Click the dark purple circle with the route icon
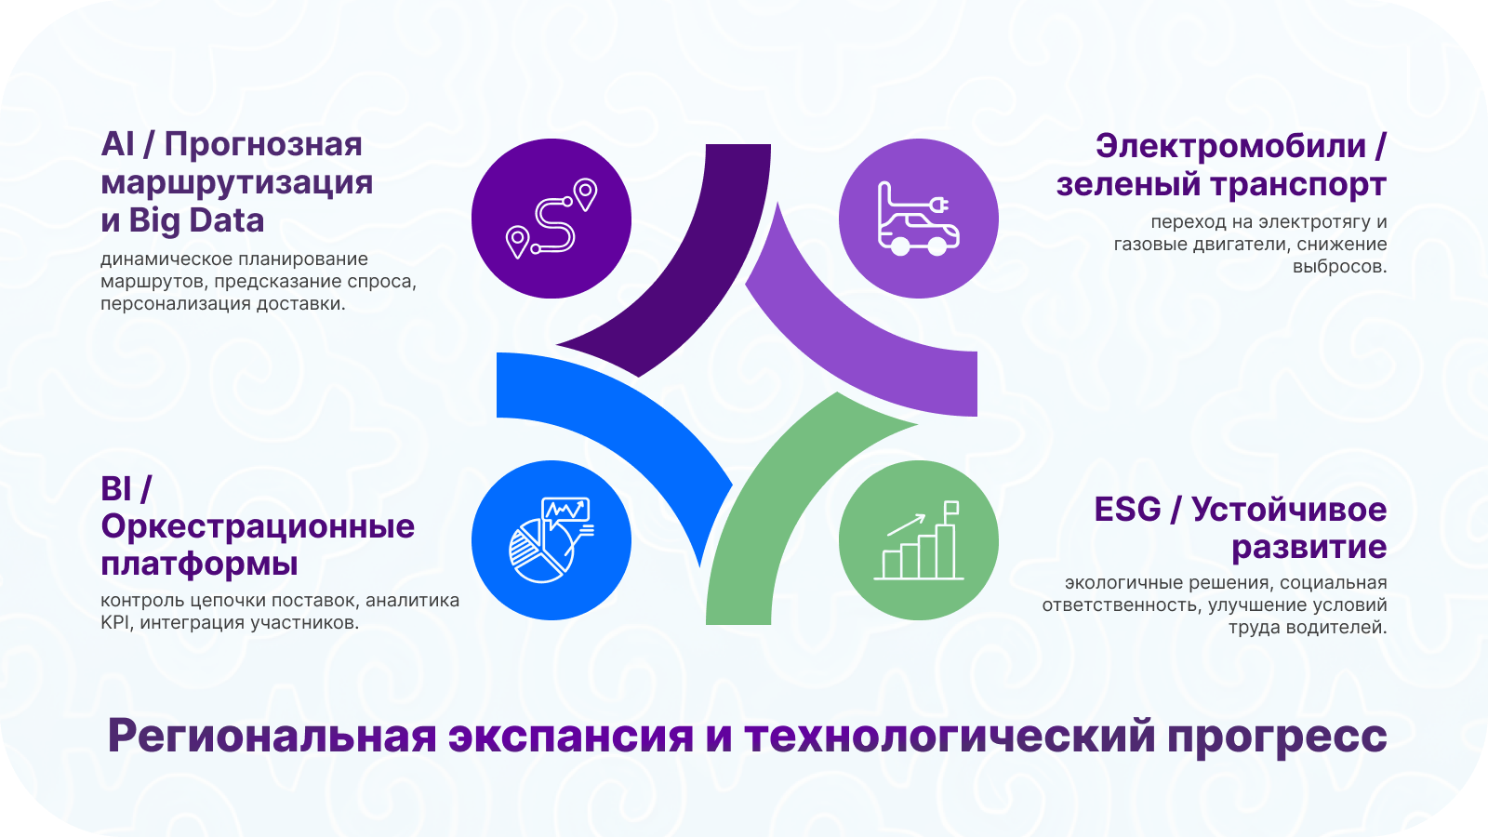click(x=551, y=219)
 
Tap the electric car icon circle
click(x=919, y=219)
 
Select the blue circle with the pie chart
click(x=551, y=540)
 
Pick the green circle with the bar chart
click(x=919, y=540)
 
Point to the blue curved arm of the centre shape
click(x=638, y=425)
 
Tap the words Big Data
click(x=196, y=221)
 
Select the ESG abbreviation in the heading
click(x=1127, y=511)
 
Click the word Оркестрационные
click(x=258, y=526)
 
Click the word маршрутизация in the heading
click(x=237, y=183)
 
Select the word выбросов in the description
click(x=1340, y=267)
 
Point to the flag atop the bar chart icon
click(x=951, y=508)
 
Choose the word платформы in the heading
click(x=199, y=565)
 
